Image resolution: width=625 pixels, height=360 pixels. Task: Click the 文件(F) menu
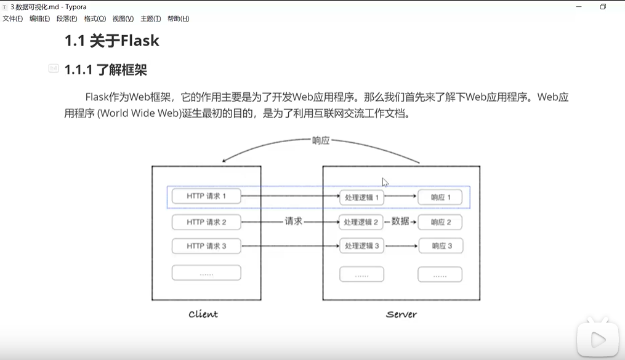coord(12,18)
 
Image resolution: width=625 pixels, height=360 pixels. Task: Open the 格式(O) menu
coord(95,18)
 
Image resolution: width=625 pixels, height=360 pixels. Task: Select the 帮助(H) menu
coord(178,18)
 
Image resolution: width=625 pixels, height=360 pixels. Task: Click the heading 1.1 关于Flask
coord(111,41)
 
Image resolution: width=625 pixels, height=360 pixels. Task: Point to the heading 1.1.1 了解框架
coord(105,70)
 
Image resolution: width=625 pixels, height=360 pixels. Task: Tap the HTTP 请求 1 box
coord(206,196)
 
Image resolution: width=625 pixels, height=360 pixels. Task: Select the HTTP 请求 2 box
coord(206,222)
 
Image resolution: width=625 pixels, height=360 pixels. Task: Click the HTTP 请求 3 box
coord(206,246)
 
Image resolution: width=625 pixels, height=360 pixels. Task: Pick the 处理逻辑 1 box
coord(361,198)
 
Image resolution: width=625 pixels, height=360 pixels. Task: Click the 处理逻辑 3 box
coord(361,246)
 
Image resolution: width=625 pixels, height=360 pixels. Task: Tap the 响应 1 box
coord(440,198)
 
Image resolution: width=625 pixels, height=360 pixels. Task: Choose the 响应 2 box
coord(440,222)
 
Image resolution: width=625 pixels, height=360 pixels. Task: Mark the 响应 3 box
coord(440,246)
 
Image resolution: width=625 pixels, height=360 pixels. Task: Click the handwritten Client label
coord(203,314)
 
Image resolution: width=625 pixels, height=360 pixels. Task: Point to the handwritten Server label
coord(401,314)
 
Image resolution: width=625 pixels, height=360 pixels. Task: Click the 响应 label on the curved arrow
coord(321,140)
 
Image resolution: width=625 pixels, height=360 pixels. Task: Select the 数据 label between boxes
coord(400,222)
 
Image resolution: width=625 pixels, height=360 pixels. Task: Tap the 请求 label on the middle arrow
coord(294,222)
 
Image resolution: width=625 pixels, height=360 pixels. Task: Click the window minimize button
coord(579,7)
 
